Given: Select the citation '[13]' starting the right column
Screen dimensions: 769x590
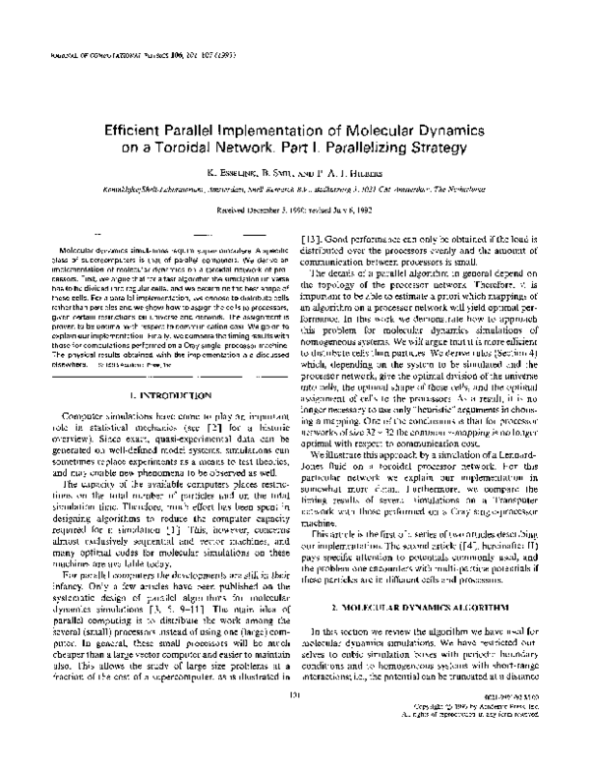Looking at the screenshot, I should (313, 240).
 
